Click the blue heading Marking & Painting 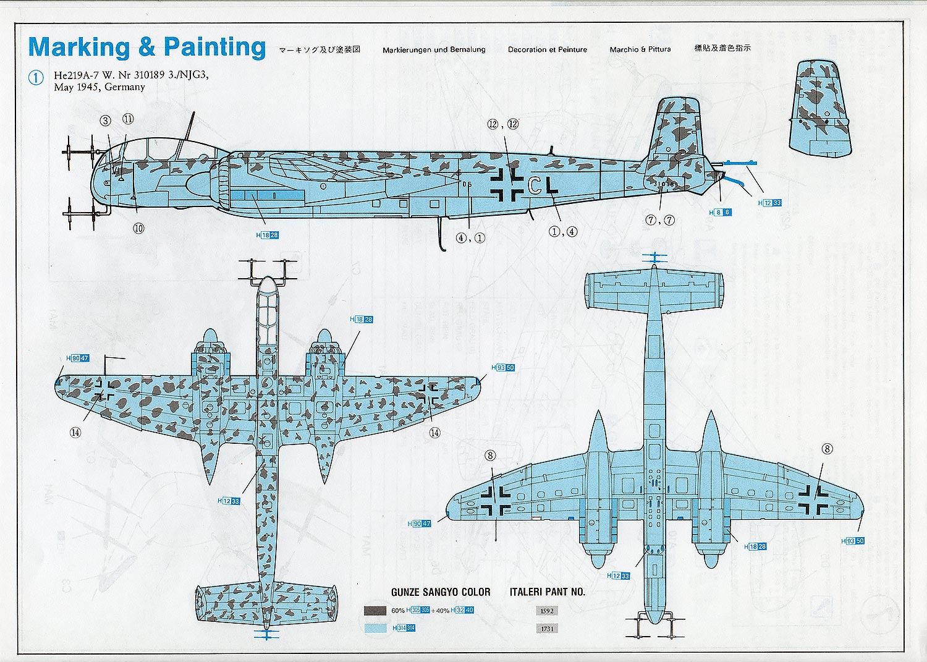coord(147,48)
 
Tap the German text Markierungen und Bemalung coord(434,49)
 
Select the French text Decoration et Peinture coord(548,49)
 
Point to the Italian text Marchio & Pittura coord(640,49)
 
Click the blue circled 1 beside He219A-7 coord(36,78)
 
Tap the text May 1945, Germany coord(99,87)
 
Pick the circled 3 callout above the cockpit coord(106,121)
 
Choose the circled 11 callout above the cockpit coord(128,119)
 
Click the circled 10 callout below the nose coord(138,228)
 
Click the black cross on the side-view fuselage coord(507,184)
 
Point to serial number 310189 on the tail coord(665,184)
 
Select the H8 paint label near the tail coord(720,212)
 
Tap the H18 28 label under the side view coord(267,235)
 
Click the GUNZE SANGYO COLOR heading coord(441,592)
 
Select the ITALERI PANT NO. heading coord(547,592)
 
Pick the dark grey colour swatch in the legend coord(375,611)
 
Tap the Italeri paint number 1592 coord(547,611)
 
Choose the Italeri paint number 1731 coord(547,629)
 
